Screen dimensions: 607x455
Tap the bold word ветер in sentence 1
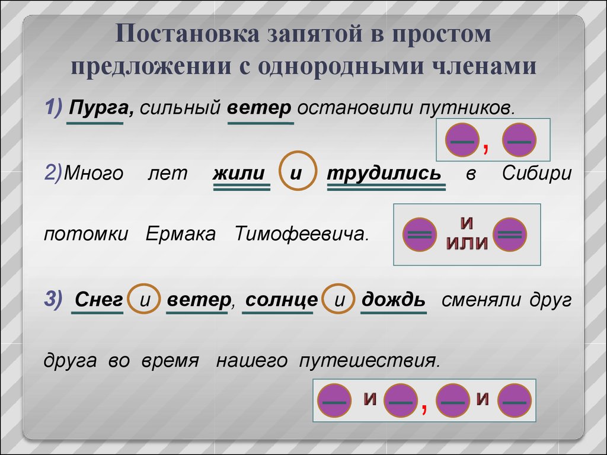point(259,108)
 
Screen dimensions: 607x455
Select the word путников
point(467,108)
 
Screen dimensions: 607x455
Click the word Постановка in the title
point(187,33)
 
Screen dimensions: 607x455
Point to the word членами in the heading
point(484,66)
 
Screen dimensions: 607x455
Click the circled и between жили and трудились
point(298,171)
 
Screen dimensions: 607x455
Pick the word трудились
point(384,173)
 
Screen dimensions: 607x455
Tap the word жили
point(238,174)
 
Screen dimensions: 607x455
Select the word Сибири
point(537,174)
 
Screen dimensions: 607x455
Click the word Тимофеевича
point(302,233)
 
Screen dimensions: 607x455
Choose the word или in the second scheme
point(467,242)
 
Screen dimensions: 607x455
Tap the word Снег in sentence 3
point(99,299)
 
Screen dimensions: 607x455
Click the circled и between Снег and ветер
point(145,299)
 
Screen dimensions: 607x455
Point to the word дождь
point(394,299)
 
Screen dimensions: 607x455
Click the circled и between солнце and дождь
point(338,299)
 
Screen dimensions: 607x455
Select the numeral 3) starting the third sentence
point(53,299)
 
